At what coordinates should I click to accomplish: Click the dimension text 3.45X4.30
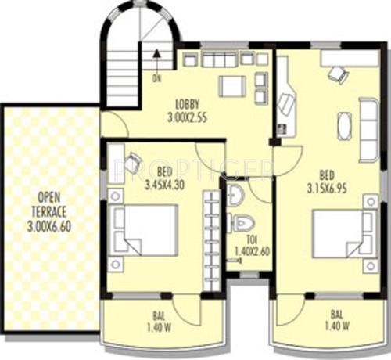(x=165, y=185)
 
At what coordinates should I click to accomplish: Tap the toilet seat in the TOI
(x=241, y=222)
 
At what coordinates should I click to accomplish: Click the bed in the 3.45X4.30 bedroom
(x=145, y=229)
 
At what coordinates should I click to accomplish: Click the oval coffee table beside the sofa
(x=345, y=124)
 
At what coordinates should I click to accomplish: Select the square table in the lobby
(x=232, y=85)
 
